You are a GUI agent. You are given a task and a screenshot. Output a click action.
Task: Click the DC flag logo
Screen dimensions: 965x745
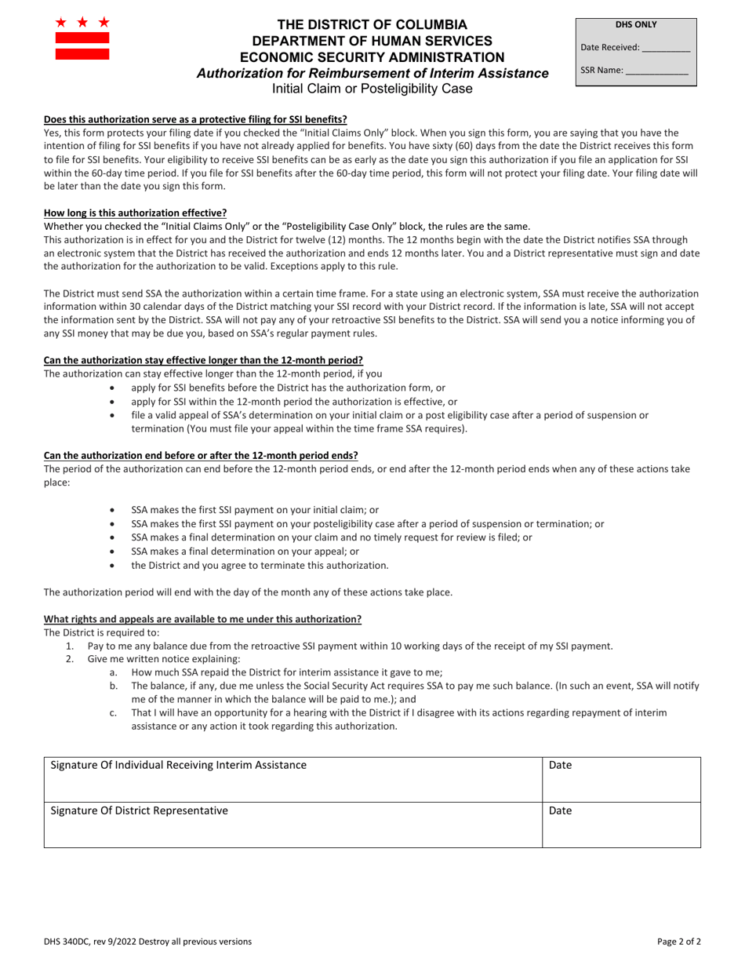pos(82,38)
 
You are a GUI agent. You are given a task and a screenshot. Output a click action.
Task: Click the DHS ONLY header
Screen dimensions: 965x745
pos(636,24)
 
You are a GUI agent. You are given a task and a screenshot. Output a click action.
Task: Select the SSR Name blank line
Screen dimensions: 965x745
pos(656,71)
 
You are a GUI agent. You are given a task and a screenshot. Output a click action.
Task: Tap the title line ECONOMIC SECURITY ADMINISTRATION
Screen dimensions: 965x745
pos(372,57)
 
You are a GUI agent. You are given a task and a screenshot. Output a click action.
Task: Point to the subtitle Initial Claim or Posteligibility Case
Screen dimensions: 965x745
pos(372,89)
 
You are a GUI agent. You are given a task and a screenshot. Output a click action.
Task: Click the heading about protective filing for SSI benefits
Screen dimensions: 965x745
pos(195,119)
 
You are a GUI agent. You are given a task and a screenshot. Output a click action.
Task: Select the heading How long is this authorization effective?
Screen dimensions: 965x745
pos(135,213)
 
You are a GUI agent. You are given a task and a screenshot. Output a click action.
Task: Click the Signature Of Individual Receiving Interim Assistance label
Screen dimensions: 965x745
pos(178,765)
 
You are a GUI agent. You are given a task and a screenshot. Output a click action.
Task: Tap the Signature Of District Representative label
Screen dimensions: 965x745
pos(139,810)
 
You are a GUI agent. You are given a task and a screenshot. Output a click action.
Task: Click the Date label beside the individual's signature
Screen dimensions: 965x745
pos(560,765)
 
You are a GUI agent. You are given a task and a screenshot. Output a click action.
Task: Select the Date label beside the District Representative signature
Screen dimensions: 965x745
pos(560,810)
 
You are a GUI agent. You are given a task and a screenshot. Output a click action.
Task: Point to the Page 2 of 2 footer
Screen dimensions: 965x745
pos(679,941)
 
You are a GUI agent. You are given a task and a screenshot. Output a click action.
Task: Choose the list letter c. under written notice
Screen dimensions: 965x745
pos(114,712)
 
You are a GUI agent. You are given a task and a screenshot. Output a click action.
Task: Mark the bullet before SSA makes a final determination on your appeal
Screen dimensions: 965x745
pos(115,552)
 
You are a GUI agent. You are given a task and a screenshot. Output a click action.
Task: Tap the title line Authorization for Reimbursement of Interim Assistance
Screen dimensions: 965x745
pos(372,73)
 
